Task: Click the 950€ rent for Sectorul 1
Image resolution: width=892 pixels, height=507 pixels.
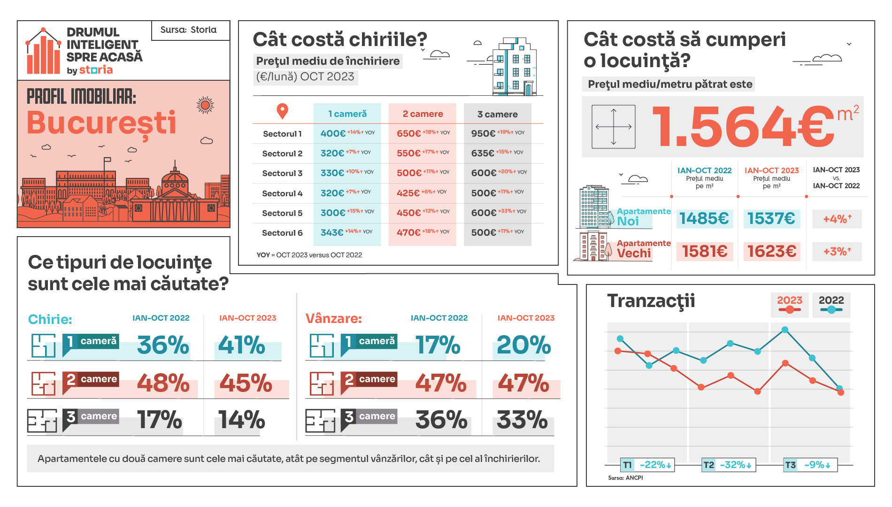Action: click(x=483, y=134)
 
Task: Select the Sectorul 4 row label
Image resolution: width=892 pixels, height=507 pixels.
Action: click(x=282, y=193)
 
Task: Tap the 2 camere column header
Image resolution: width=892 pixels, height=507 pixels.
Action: click(x=423, y=114)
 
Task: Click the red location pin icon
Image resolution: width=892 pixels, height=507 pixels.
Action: click(x=282, y=111)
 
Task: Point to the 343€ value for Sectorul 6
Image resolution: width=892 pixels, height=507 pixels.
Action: click(x=332, y=233)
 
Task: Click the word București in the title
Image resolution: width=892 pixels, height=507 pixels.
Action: click(x=101, y=123)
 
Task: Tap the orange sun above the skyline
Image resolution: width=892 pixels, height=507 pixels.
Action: click(x=205, y=105)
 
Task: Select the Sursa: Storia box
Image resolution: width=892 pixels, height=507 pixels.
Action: click(x=189, y=30)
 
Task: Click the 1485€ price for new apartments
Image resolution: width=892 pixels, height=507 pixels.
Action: click(x=704, y=219)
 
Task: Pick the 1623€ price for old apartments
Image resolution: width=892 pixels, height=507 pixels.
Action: click(x=772, y=252)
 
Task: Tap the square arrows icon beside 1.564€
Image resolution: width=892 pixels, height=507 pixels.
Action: click(x=613, y=127)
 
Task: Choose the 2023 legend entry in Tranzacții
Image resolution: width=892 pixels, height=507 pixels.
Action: click(x=790, y=304)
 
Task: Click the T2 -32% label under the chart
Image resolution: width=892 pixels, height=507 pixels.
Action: click(x=728, y=465)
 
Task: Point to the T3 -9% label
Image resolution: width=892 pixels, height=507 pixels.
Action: click(x=811, y=465)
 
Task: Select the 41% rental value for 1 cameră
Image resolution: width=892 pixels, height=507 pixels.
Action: click(x=242, y=346)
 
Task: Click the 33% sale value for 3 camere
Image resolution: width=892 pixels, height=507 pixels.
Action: click(x=522, y=420)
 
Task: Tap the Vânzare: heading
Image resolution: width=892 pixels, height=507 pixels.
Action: click(x=333, y=319)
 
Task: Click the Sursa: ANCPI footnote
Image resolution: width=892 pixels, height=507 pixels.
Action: click(x=625, y=478)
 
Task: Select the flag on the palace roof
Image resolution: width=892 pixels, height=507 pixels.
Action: click(x=108, y=161)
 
